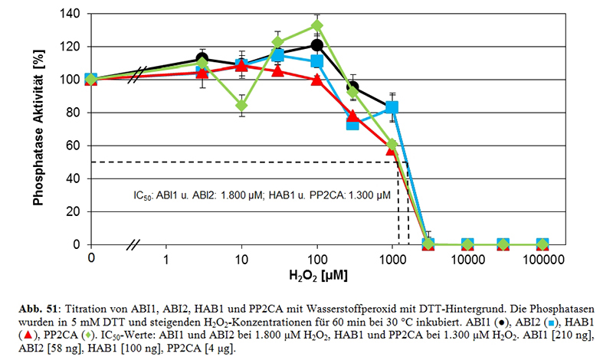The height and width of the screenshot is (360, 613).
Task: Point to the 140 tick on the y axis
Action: point(71,13)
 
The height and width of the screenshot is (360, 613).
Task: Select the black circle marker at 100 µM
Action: point(316,45)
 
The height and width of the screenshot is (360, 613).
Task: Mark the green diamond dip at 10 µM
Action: point(241,105)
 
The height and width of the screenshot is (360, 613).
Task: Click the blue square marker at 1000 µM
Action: point(392,107)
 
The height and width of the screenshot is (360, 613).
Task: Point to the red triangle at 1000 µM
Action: point(392,150)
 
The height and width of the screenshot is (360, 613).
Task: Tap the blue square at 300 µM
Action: point(353,123)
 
